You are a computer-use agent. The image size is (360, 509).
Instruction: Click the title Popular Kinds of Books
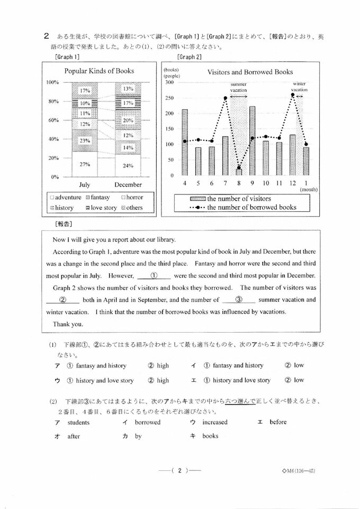pos(99,71)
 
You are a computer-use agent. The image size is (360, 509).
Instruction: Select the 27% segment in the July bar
pos(85,164)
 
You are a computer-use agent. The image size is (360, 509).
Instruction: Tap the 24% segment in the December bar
pos(128,165)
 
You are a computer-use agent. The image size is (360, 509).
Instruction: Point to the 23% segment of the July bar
pos(85,141)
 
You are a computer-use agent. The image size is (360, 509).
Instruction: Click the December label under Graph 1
pos(128,185)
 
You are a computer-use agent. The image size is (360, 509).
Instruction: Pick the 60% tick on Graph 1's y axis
pos(52,120)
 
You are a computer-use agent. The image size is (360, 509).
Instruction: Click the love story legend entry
pos(103,208)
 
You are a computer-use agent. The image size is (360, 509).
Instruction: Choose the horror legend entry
pos(134,197)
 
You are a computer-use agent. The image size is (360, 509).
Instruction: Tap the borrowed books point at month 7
pos(226,98)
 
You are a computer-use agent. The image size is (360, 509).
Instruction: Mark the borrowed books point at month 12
pos(293,95)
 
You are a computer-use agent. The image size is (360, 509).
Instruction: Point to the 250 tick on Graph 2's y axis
pos(169,98)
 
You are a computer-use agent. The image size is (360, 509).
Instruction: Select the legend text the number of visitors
pos(239,199)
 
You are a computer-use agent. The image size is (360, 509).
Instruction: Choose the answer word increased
pos(214,422)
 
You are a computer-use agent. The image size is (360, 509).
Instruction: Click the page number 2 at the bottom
pos(180,469)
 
